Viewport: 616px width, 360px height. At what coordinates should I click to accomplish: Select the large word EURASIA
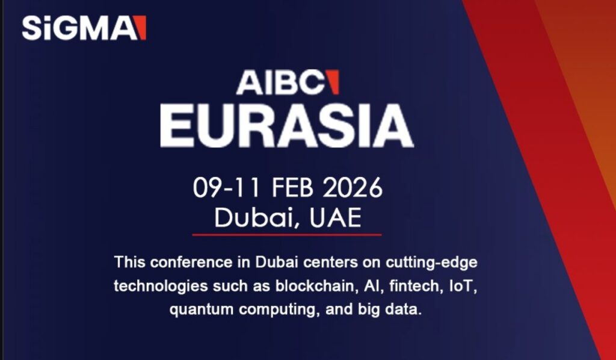287,126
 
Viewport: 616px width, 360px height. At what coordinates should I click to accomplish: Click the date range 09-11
226,187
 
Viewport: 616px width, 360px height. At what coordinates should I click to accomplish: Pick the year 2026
353,187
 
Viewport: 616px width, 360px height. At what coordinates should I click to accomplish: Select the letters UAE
335,217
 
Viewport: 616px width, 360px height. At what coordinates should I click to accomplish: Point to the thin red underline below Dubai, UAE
287,235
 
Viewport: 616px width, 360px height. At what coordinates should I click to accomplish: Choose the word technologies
161,287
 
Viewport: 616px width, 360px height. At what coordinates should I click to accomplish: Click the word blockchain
316,286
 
